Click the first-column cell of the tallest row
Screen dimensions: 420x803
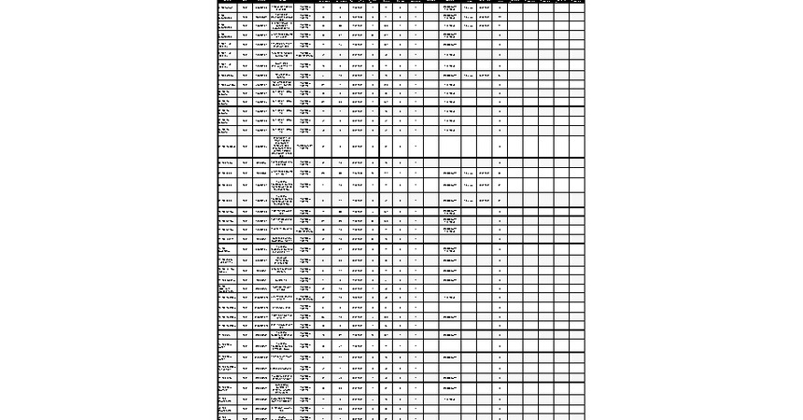pyautogui.click(x=227, y=147)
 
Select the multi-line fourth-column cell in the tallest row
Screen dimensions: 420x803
pyautogui.click(x=282, y=147)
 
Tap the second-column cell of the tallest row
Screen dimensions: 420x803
pyautogui.click(x=246, y=147)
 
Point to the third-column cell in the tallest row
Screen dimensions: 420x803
pyautogui.click(x=261, y=147)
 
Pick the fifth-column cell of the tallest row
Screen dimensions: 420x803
pyautogui.click(x=305, y=147)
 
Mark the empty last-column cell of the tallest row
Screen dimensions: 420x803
pyautogui.click(x=577, y=147)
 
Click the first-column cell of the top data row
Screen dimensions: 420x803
pyautogui.click(x=227, y=7)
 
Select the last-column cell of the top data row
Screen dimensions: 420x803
pyautogui.click(x=577, y=7)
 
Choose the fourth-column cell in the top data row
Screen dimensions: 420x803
pyautogui.click(x=282, y=7)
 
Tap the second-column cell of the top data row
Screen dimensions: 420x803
pyautogui.click(x=246, y=7)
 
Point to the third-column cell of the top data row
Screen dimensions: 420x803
pyautogui.click(x=261, y=7)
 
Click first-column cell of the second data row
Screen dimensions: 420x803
pyautogui.click(x=227, y=18)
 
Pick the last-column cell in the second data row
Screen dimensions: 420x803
pyautogui.click(x=577, y=18)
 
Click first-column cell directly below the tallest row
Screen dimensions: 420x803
pyautogui.click(x=227, y=163)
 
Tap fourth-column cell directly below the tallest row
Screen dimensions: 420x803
pyautogui.click(x=282, y=163)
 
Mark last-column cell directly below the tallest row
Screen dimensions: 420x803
pyautogui.click(x=577, y=163)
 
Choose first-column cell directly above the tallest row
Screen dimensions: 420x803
pyautogui.click(x=227, y=131)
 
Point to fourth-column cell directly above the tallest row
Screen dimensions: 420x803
pyautogui.click(x=282, y=131)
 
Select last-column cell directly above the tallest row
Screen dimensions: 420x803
pyautogui.click(x=577, y=131)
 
